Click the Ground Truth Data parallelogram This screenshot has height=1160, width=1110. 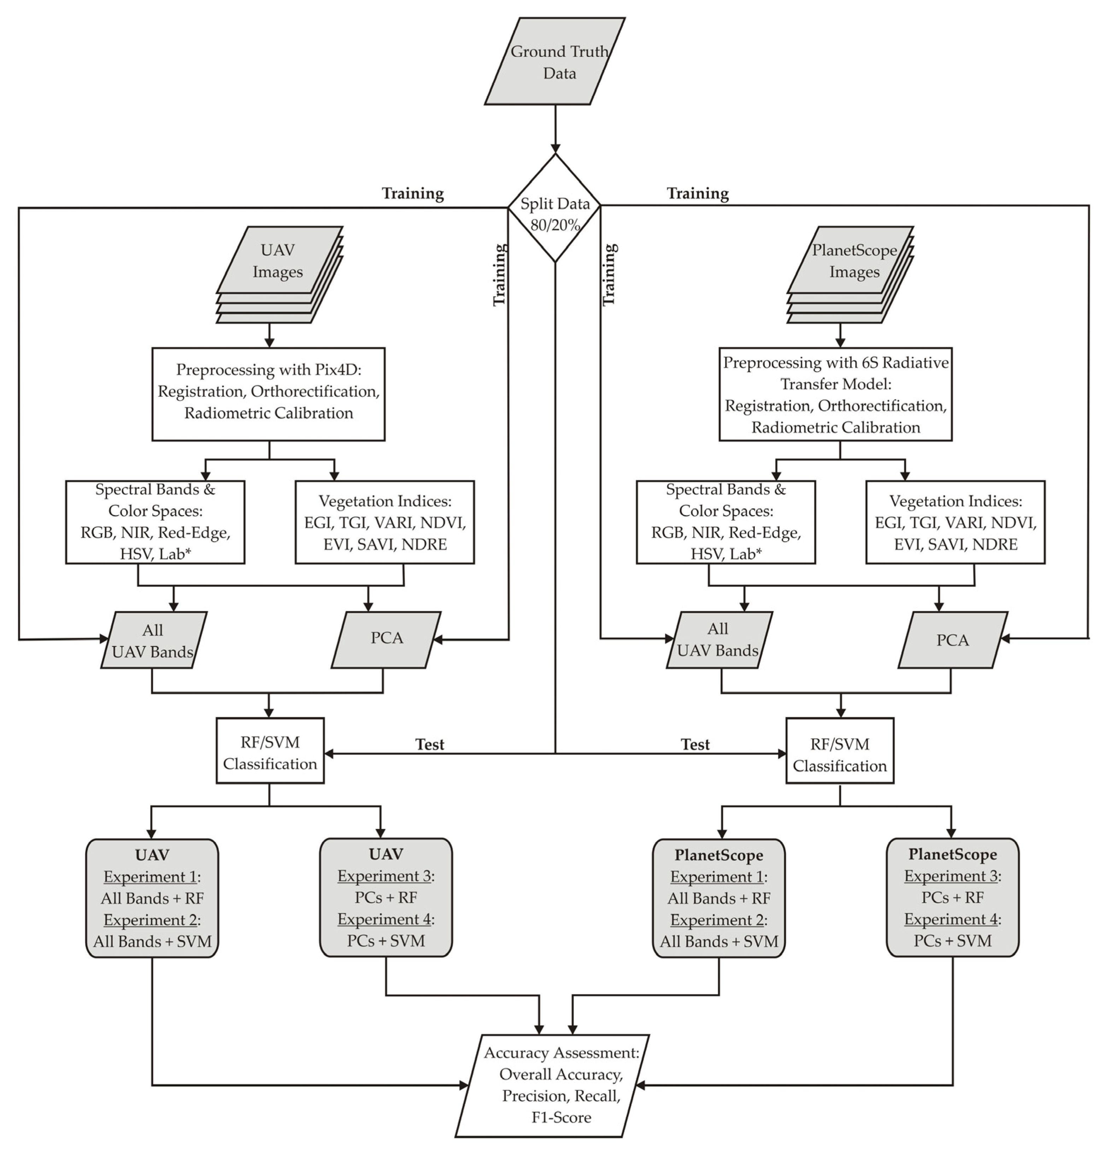(x=555, y=62)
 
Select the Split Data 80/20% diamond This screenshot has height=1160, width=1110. (x=555, y=208)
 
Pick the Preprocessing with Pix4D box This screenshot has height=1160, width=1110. (x=269, y=394)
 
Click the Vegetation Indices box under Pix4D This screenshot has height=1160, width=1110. (x=384, y=522)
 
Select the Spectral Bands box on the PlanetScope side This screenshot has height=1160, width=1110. (x=726, y=522)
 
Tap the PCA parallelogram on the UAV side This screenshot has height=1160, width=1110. (x=386, y=640)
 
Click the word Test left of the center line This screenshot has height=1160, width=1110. (x=430, y=745)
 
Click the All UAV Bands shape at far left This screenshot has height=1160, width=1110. (x=153, y=640)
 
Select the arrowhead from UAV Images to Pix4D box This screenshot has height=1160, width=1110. (x=269, y=343)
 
